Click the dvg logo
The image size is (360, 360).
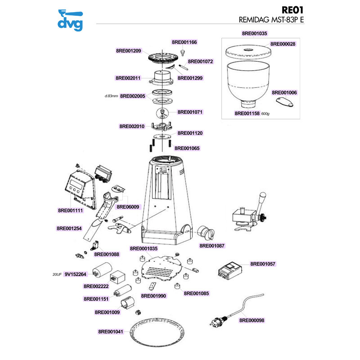[x=70, y=20]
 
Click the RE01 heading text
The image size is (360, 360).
[x=292, y=10]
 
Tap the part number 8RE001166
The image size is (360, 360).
[x=184, y=42]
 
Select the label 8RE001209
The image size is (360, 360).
[x=129, y=51]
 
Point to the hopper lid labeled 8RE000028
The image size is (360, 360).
[x=248, y=52]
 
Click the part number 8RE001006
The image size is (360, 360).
[x=284, y=93]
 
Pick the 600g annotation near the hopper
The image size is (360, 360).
[x=265, y=114]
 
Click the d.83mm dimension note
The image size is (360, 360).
[x=111, y=96]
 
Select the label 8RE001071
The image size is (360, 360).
[x=190, y=112]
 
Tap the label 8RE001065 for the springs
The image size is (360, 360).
[x=187, y=148]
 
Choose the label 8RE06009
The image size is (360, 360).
[x=128, y=207]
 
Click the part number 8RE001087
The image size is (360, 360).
[x=212, y=246]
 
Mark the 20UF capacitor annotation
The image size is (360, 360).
[x=57, y=274]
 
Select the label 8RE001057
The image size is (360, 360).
[x=263, y=264]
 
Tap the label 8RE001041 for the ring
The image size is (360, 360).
[x=111, y=332]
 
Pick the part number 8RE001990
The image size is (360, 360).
[x=153, y=296]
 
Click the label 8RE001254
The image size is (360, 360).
[x=69, y=229]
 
